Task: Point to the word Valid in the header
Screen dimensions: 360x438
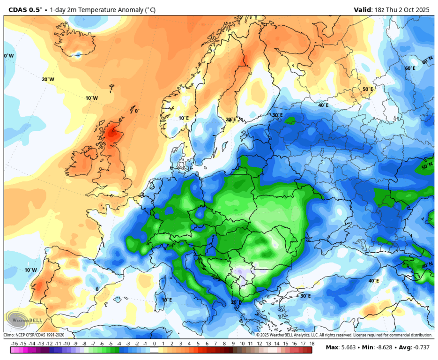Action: pyautogui.click(x=363, y=9)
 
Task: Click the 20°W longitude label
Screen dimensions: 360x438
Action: pyautogui.click(x=48, y=80)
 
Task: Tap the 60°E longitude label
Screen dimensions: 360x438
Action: pyautogui.click(x=410, y=68)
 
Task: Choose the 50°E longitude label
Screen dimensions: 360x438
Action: pyautogui.click(x=368, y=89)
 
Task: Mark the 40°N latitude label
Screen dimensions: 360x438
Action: pyautogui.click(x=427, y=266)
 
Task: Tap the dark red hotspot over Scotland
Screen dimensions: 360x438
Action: pyautogui.click(x=111, y=134)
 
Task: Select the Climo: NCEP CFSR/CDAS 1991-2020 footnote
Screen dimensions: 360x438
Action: pyautogui.click(x=34, y=335)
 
